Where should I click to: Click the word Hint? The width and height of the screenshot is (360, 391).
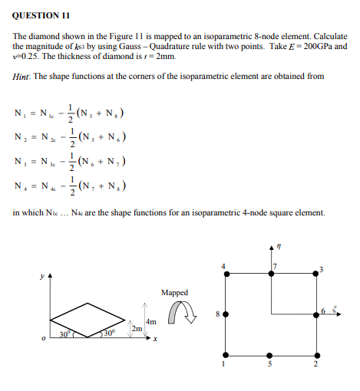click(x=23, y=76)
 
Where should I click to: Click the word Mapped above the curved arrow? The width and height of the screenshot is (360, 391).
click(x=174, y=292)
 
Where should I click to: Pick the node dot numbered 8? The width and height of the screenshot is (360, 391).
click(x=226, y=314)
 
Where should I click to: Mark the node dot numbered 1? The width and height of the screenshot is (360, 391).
click(x=226, y=355)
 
